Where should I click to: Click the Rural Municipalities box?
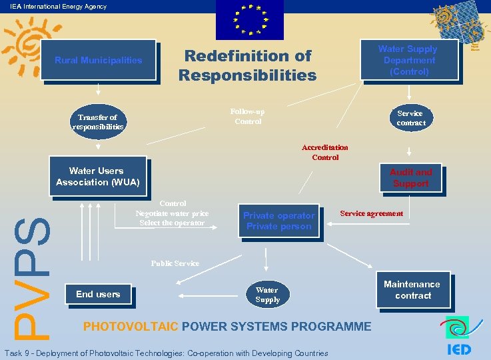[x=98, y=60]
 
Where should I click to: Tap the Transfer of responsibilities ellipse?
[x=98, y=121]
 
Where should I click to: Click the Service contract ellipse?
[x=410, y=118]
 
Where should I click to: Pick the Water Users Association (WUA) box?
[x=98, y=176]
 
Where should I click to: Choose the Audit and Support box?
[x=410, y=177]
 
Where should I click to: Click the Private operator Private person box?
[x=278, y=221]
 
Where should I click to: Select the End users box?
[x=98, y=294]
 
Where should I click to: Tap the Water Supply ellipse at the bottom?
[x=267, y=295]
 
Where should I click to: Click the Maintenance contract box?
[x=412, y=290]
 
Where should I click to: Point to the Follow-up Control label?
[x=247, y=116]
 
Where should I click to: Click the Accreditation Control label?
[x=325, y=152]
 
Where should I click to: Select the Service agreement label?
[x=371, y=213]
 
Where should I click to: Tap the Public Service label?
[x=175, y=263]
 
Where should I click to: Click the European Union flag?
[x=250, y=20]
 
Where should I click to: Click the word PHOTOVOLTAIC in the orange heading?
[x=130, y=327]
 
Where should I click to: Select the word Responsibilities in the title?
[x=247, y=75]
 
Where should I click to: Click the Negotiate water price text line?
[x=172, y=213]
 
